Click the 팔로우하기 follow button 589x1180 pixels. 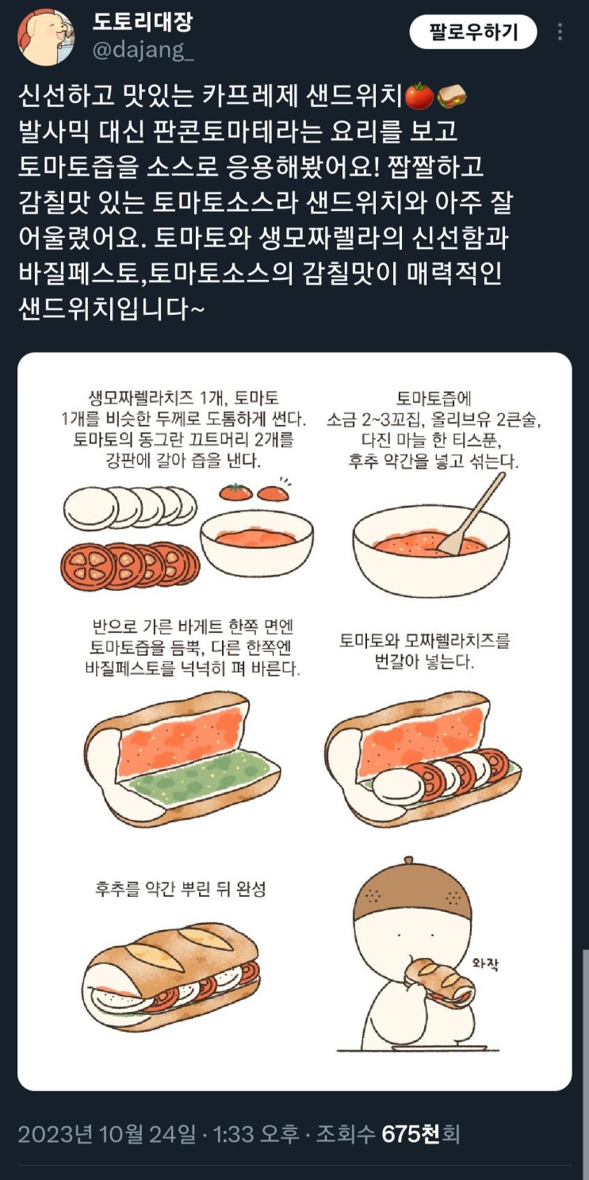(x=473, y=32)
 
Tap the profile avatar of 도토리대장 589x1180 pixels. (x=46, y=36)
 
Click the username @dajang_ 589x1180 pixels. (x=143, y=51)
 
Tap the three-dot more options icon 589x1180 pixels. (x=560, y=32)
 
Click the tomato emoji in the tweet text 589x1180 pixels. (x=420, y=96)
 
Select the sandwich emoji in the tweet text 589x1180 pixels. (x=452, y=96)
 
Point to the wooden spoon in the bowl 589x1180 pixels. (x=470, y=514)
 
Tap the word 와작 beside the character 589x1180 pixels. (x=484, y=964)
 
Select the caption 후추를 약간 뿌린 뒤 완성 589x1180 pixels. (x=181, y=889)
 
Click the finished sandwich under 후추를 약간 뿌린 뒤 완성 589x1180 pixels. (x=170, y=977)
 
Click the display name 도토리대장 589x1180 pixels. (x=143, y=21)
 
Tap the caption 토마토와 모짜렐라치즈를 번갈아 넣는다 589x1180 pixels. (x=425, y=651)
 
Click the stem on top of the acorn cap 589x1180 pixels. (x=408, y=860)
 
